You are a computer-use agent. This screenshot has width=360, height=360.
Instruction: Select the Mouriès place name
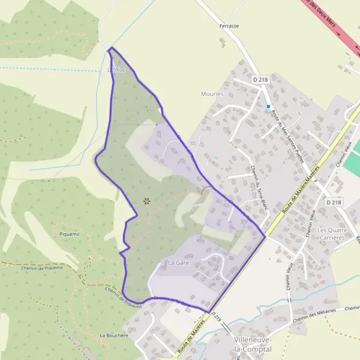point(212,94)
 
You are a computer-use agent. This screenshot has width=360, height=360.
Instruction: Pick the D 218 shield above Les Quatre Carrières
point(333,203)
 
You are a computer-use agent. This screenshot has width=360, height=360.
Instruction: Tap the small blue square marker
point(268,107)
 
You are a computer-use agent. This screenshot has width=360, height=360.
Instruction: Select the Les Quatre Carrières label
point(331,233)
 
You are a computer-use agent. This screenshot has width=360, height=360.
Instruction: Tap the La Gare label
point(178,263)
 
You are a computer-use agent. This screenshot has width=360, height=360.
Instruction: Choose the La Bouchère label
point(114,335)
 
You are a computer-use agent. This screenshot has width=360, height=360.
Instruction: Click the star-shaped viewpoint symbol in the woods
point(146,201)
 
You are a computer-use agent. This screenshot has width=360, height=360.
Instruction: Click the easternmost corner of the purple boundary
point(265,236)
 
